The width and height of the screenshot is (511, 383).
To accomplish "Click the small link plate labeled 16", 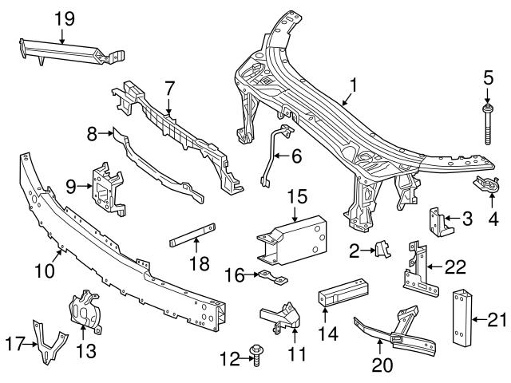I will (x=275, y=278).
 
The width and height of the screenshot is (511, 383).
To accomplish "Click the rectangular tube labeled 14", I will (x=343, y=293).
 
